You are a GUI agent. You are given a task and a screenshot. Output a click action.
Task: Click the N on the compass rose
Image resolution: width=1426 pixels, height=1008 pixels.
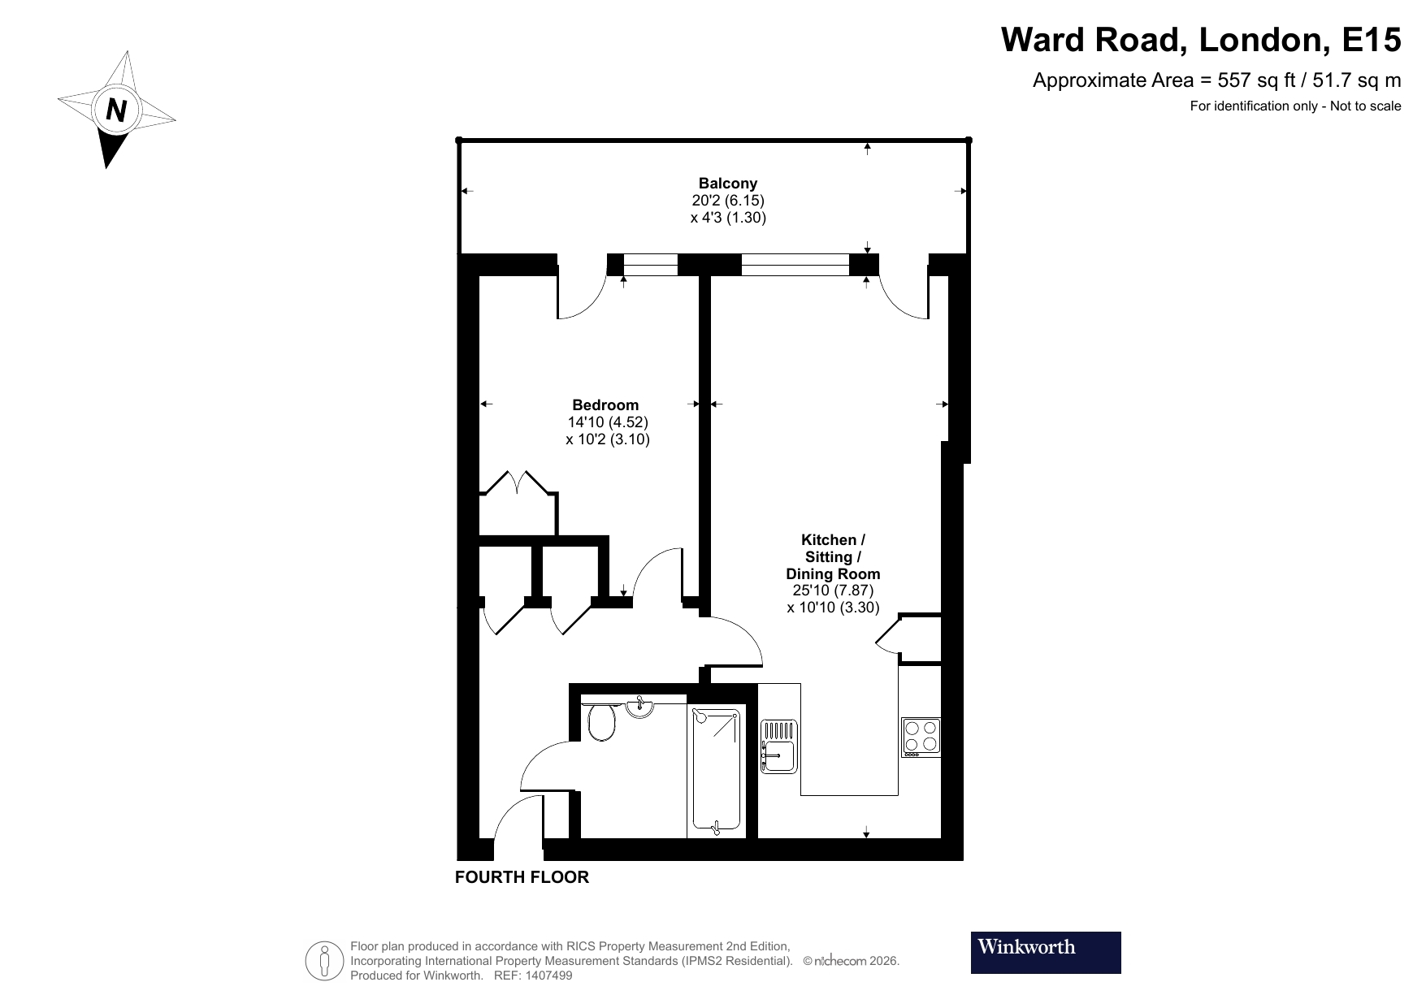point(117,110)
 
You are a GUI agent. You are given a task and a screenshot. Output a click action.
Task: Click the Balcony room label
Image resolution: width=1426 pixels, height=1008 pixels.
point(727,184)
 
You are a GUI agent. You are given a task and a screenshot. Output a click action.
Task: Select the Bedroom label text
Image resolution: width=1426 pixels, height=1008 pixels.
point(605,405)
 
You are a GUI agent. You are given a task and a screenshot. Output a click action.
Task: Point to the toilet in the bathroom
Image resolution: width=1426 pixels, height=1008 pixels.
point(601,722)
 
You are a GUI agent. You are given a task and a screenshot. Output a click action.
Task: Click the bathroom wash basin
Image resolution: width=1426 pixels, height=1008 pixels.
point(640,708)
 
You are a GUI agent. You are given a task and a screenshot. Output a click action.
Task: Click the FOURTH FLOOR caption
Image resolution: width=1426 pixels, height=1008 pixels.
point(522,877)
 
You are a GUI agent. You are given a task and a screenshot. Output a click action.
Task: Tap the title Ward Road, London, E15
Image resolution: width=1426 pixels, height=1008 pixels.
point(1200,39)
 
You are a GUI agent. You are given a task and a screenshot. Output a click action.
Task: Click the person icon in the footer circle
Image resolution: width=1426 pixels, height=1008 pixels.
point(325,961)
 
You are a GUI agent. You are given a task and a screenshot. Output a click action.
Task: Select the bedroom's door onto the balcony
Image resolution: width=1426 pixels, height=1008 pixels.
point(581,294)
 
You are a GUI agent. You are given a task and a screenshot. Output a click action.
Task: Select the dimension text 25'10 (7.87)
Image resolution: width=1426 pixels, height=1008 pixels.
point(833,591)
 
